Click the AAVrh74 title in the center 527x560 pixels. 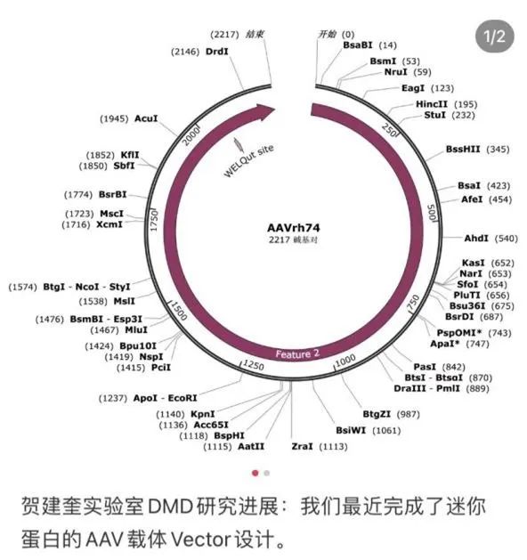tap(294, 228)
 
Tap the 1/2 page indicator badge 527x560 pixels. tap(495, 37)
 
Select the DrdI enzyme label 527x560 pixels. tap(216, 52)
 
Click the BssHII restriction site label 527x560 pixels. tap(463, 149)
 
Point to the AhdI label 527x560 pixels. tap(476, 239)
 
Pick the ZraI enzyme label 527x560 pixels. tap(302, 446)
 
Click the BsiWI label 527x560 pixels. tap(351, 430)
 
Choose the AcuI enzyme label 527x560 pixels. tap(146, 118)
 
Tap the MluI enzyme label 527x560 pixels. tap(136, 329)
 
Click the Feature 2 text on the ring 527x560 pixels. tap(297, 354)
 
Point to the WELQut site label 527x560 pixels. tap(248, 160)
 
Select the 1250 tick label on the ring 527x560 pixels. tap(253, 365)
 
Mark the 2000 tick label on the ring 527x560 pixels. tap(191, 136)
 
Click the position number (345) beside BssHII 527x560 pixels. tap(499, 150)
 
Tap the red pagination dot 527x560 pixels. tap(255, 474)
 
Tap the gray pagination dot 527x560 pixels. tap(266, 474)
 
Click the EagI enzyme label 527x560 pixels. tap(413, 88)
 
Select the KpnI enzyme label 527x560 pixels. tap(202, 414)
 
